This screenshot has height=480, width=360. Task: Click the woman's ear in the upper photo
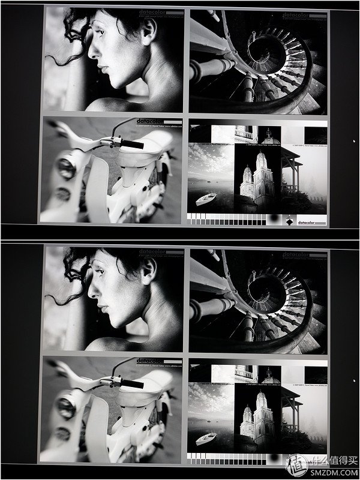[148, 26]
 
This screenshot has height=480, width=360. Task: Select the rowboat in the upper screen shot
[206, 199]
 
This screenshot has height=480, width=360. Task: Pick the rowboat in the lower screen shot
[206, 438]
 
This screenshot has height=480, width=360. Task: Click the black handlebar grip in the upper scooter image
[133, 144]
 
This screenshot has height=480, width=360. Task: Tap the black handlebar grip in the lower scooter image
[133, 383]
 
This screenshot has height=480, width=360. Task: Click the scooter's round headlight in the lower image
[65, 409]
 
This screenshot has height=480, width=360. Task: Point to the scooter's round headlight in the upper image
[66, 169]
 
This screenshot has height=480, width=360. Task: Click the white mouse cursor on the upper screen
[354, 142]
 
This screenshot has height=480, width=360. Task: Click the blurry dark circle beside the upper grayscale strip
[275, 218]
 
